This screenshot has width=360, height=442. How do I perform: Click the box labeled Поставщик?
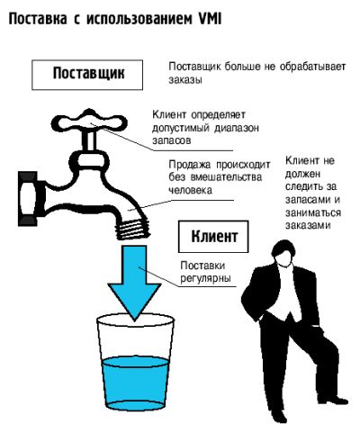click(87, 75)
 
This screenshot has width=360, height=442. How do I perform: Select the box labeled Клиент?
click(213, 237)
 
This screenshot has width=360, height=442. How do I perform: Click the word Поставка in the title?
click(38, 19)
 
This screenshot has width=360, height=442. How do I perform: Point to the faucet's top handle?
click(89, 122)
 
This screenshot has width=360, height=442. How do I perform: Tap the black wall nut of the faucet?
click(29, 198)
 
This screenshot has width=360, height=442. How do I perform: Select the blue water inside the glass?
click(135, 383)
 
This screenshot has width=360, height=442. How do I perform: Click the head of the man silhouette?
click(283, 254)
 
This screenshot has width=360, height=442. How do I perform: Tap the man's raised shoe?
click(333, 400)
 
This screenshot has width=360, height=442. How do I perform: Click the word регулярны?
click(205, 278)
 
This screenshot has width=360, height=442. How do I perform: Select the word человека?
click(190, 190)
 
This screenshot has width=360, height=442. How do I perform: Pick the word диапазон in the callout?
click(236, 128)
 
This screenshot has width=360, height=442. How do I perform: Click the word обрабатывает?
click(312, 67)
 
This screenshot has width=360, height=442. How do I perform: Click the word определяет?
click(218, 115)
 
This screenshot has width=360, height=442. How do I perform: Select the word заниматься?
click(313, 212)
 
